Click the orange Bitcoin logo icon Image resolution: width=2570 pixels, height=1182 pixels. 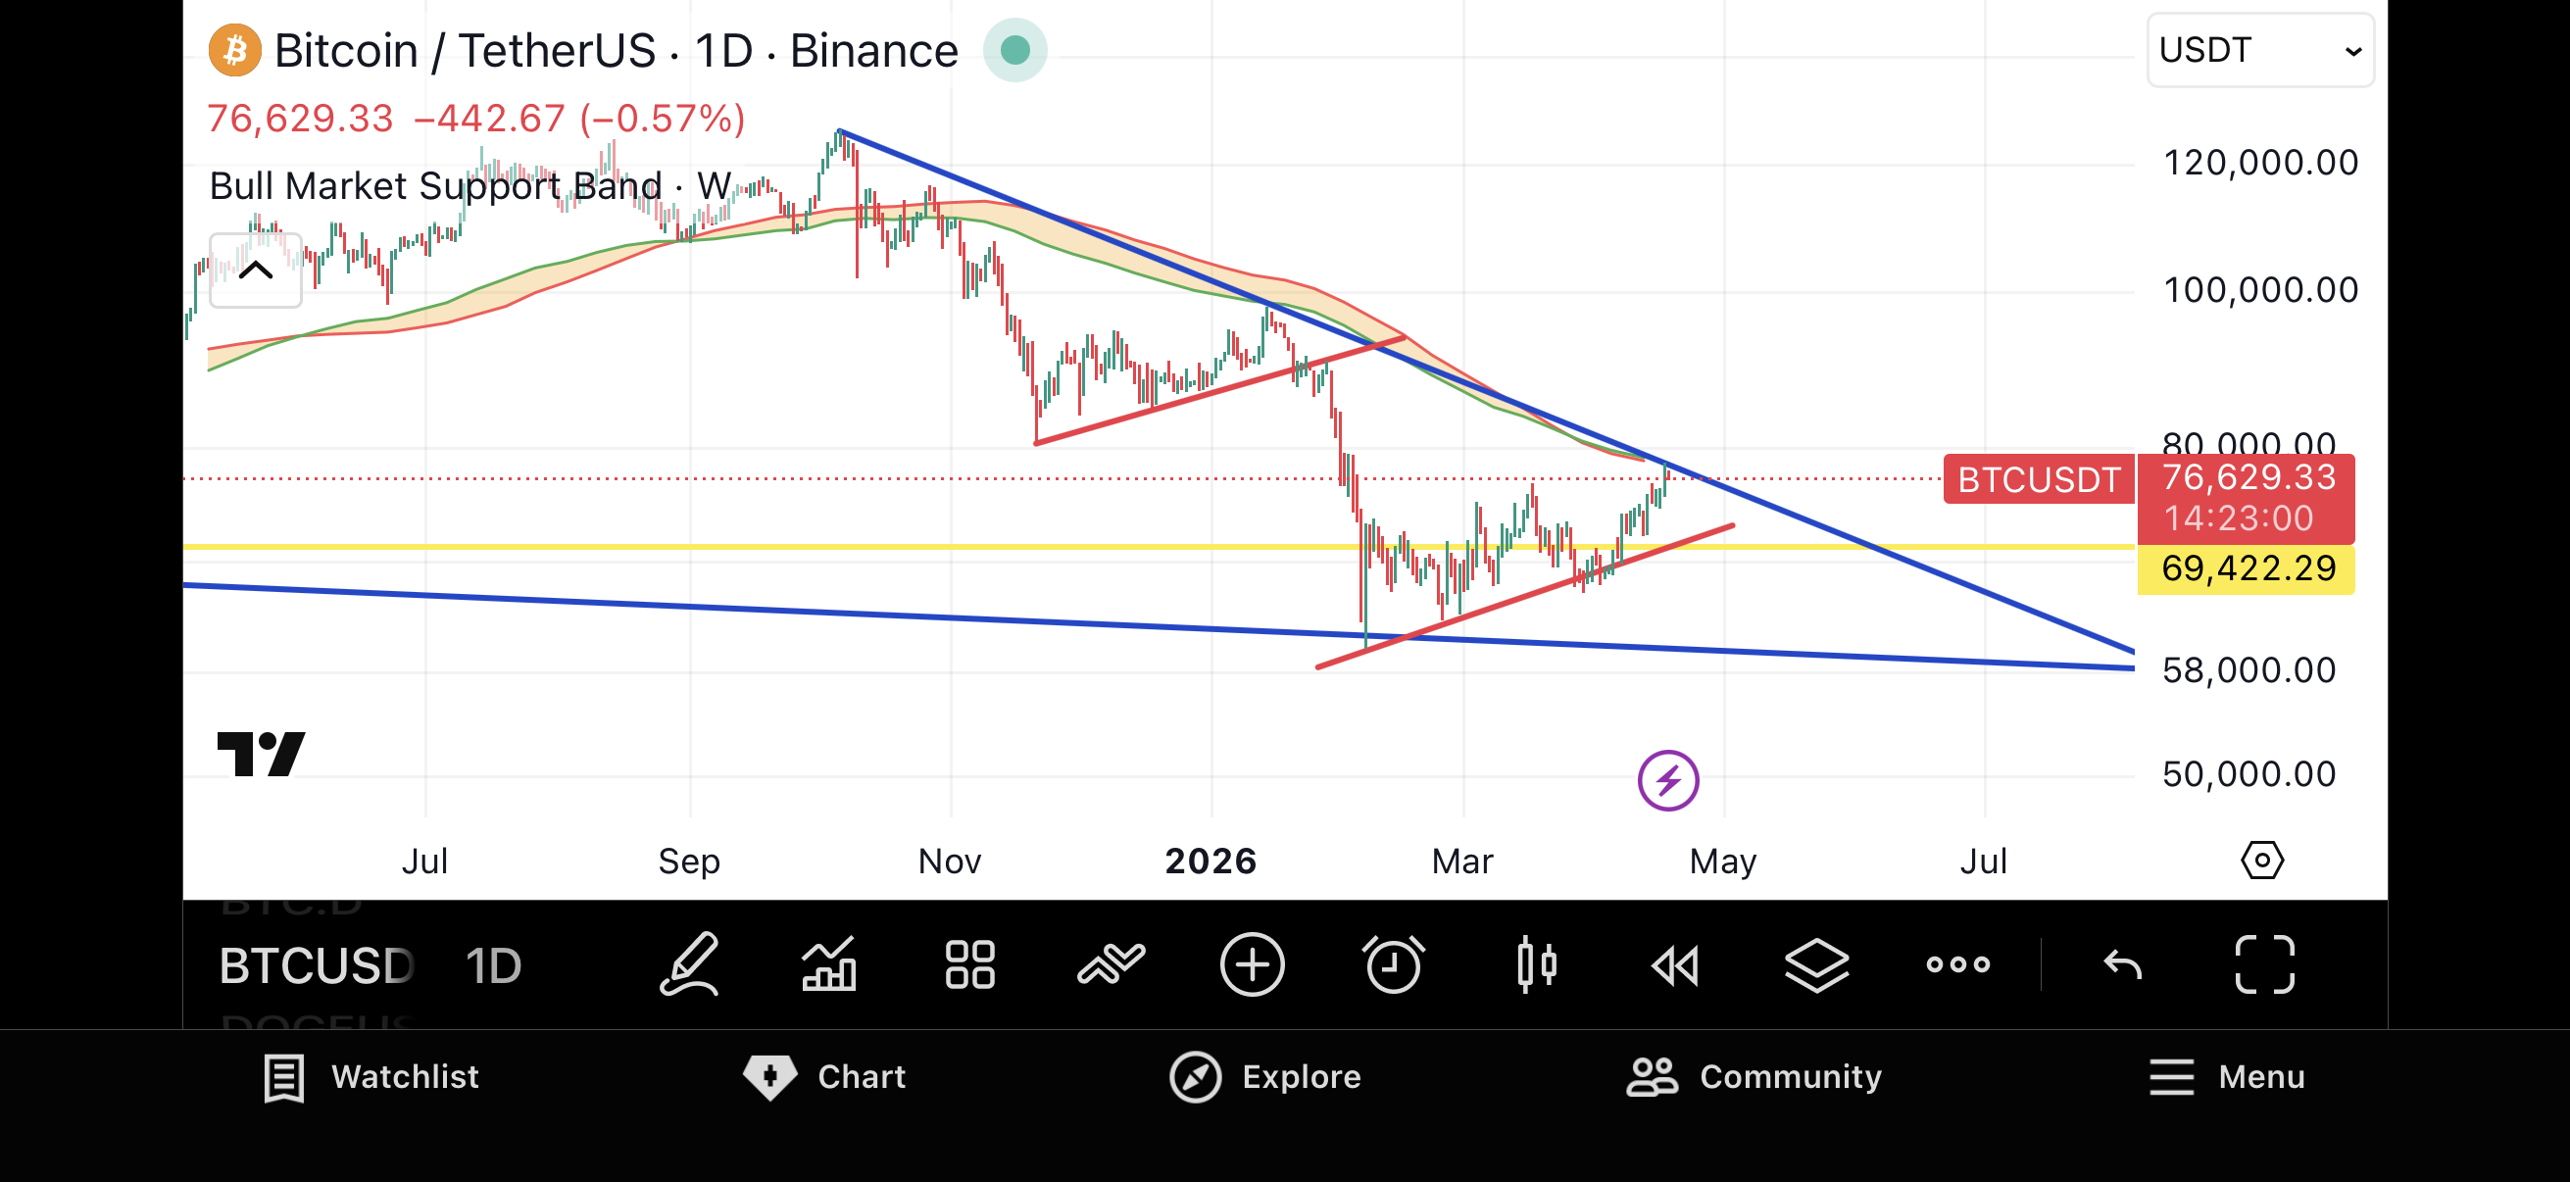pyautogui.click(x=234, y=50)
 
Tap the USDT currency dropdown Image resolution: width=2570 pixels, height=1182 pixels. pyautogui.click(x=2259, y=50)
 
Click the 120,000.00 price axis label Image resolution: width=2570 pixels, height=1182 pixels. pyautogui.click(x=2259, y=163)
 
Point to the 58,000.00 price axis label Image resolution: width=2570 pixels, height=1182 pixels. pyautogui.click(x=2249, y=670)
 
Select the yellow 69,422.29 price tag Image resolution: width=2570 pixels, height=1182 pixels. pyautogui.click(x=2248, y=568)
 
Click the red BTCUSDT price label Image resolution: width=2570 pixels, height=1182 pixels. pyautogui.click(x=2038, y=480)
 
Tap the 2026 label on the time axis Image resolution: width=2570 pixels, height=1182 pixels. pyautogui.click(x=1211, y=861)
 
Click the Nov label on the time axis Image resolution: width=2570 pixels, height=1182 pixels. pyautogui.click(x=949, y=861)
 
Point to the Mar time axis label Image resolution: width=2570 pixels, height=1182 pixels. pyautogui.click(x=1461, y=861)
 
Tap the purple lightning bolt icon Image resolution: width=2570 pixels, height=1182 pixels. pyautogui.click(x=1668, y=780)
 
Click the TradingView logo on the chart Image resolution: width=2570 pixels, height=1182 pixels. pyautogui.click(x=262, y=754)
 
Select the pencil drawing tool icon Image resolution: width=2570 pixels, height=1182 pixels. pyautogui.click(x=688, y=964)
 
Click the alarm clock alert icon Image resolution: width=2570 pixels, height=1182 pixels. pyautogui.click(x=1393, y=964)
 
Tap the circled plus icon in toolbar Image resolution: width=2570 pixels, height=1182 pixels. pyautogui.click(x=1252, y=964)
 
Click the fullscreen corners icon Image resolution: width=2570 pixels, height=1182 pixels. pyautogui.click(x=2264, y=964)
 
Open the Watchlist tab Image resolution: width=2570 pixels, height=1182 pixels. pyautogui.click(x=371, y=1077)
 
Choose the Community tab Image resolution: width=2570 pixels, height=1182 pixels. pyautogui.click(x=1754, y=1077)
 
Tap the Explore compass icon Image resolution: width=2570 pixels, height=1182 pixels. pyautogui.click(x=1195, y=1077)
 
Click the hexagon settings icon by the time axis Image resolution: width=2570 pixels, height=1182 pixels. pyautogui.click(x=2261, y=860)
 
